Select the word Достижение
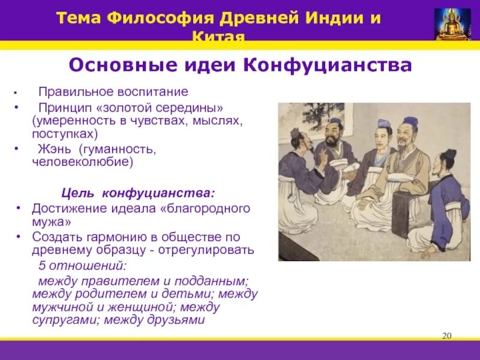pos(68,208)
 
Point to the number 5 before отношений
pos(41,265)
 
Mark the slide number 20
pos(446,335)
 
